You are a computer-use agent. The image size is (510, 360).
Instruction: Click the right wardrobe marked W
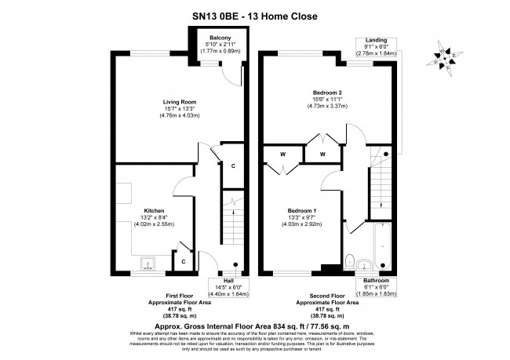322,154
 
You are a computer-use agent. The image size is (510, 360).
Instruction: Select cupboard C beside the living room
233,165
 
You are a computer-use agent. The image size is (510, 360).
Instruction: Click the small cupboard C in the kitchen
183,260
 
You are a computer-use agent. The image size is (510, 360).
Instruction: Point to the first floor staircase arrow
232,216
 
